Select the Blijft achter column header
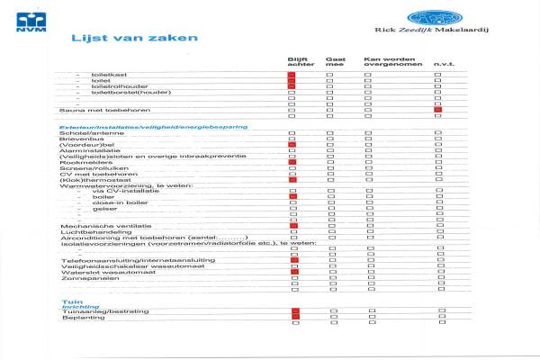pos(293,61)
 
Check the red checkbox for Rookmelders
pos(292,162)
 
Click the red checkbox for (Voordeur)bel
pos(292,144)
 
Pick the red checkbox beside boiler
pos(292,196)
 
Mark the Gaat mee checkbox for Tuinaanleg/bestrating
pos(330,311)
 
